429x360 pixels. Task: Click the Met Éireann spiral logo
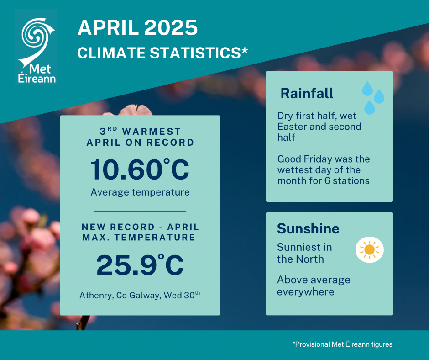point(36,41)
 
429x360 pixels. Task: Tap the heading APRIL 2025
point(137,28)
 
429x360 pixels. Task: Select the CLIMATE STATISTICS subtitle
point(162,53)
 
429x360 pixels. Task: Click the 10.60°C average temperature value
point(140,169)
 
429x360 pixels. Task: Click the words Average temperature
point(140,192)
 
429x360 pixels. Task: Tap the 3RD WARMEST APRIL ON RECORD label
point(140,137)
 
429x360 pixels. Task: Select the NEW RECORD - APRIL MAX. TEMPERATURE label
point(141,232)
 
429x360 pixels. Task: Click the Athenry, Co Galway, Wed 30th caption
point(140,295)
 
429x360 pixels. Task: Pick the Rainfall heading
point(307,93)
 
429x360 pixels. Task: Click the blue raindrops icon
point(373,97)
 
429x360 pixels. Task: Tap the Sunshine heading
point(308,228)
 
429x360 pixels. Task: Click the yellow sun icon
point(369,249)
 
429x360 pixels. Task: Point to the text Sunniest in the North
point(304,253)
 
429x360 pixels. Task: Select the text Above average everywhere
point(314,286)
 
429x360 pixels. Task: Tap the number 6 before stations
point(327,181)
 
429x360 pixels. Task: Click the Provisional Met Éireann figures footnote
point(343,344)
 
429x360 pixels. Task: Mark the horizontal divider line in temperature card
point(140,212)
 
